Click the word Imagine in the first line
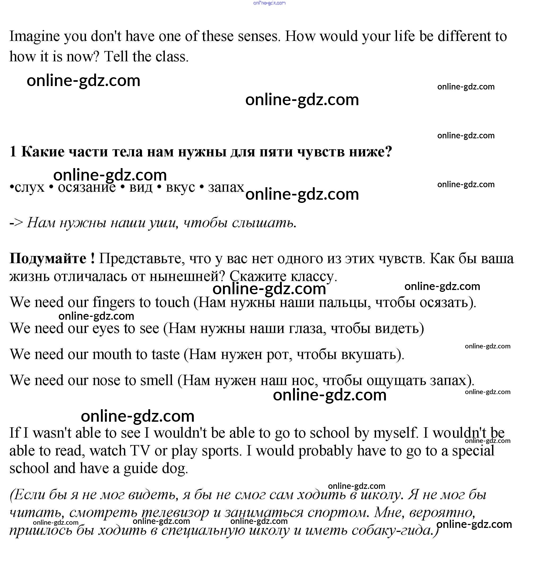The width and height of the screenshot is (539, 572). pos(35,37)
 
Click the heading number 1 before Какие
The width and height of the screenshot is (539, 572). pos(13,152)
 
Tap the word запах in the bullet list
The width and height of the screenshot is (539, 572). pos(226,187)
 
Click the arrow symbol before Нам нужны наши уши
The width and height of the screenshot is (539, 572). pos(16,223)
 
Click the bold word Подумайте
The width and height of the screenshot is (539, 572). pos(48,259)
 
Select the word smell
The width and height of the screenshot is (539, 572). pos(157,381)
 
